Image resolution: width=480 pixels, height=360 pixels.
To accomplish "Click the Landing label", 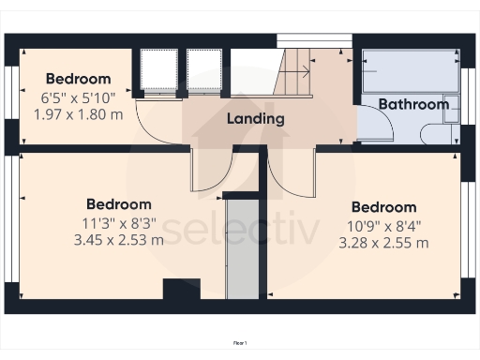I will [x=255, y=119].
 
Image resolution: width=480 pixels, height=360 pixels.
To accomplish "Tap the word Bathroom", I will [x=413, y=104].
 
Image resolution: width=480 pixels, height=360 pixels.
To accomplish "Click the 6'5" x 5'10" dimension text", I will [x=78, y=97].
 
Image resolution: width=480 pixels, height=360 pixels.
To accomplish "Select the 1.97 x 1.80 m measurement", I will [x=78, y=113].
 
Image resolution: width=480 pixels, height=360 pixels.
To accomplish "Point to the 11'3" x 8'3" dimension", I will [x=118, y=222].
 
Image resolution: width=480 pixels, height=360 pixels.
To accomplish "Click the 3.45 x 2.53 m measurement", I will [x=118, y=239].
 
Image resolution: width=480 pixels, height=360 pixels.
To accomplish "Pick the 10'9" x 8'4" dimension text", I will [x=383, y=226].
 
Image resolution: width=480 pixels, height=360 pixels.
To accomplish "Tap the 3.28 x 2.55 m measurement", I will [x=383, y=243].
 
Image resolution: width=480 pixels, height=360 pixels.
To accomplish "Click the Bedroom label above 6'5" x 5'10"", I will [x=78, y=79].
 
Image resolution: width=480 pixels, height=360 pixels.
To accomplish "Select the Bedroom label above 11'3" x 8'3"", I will [x=118, y=203].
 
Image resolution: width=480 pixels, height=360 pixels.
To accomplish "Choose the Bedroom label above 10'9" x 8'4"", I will [x=383, y=207].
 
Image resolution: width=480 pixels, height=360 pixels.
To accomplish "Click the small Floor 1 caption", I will [x=239, y=344].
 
